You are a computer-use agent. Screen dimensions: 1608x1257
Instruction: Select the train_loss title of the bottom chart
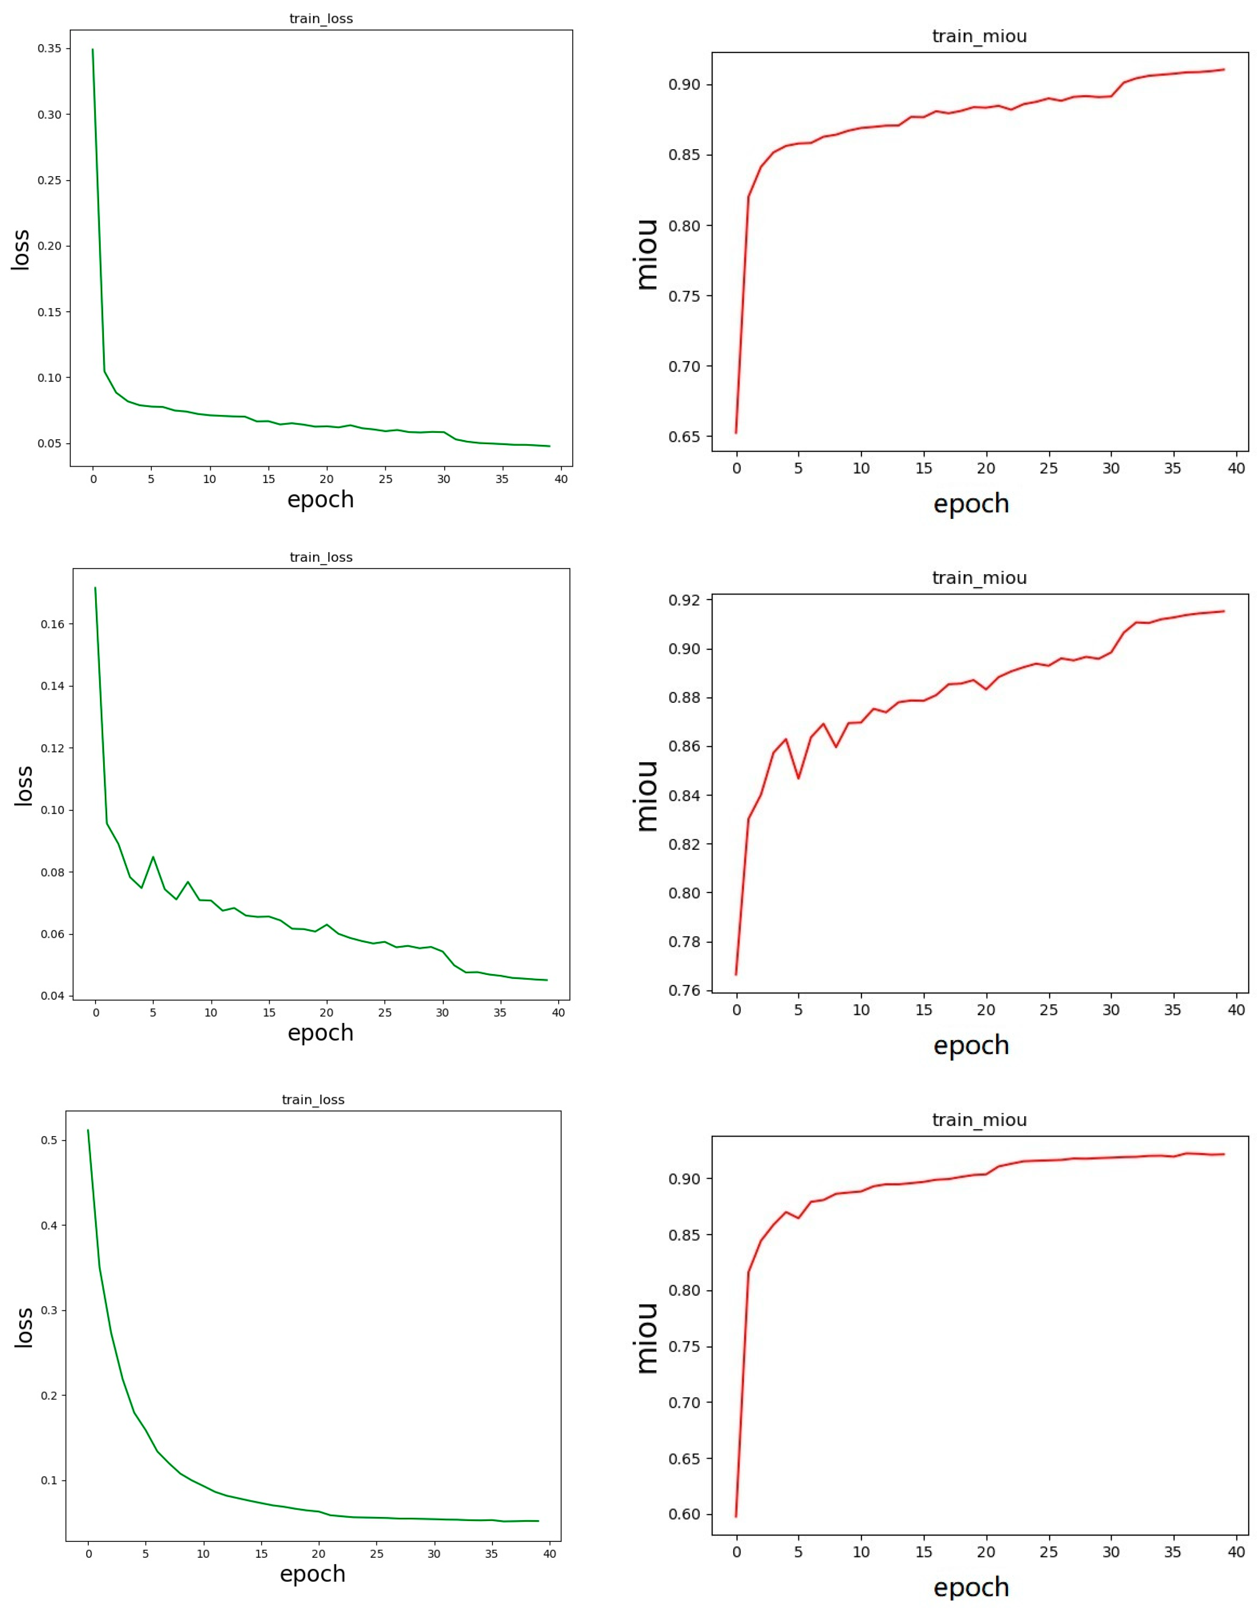tap(313, 1099)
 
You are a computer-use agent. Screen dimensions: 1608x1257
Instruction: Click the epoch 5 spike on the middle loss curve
tap(153, 857)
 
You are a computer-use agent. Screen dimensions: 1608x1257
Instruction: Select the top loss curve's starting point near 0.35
tap(93, 50)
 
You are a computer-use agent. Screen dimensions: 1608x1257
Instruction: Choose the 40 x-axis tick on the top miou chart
tap(1237, 468)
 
